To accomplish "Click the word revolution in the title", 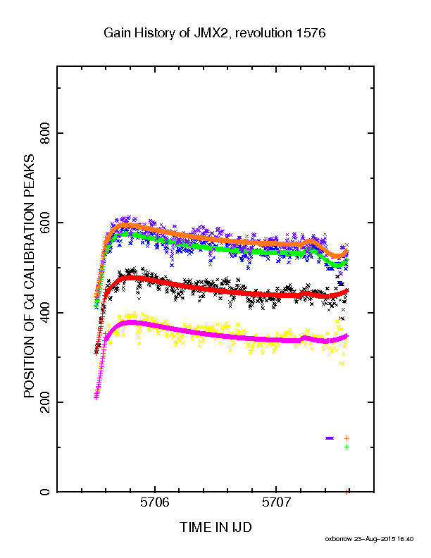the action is pos(263,33).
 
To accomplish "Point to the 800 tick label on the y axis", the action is pos(45,133).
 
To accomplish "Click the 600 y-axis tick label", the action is pos(45,223).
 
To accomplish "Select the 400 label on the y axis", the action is pos(45,313).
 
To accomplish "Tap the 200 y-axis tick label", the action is pos(45,402).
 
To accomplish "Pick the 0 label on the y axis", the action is pos(45,492).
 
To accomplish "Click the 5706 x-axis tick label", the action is pos(155,502).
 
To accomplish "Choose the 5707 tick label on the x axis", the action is pos(276,502).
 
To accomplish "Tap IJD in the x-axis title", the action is pos(242,528).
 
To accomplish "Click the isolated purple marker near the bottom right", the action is pos(330,438).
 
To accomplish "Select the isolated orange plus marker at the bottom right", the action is pos(346,438).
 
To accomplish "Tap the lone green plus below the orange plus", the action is pos(346,447).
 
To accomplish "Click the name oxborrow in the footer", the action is pos(338,539).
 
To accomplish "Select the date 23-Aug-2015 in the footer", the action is pos(375,539).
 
